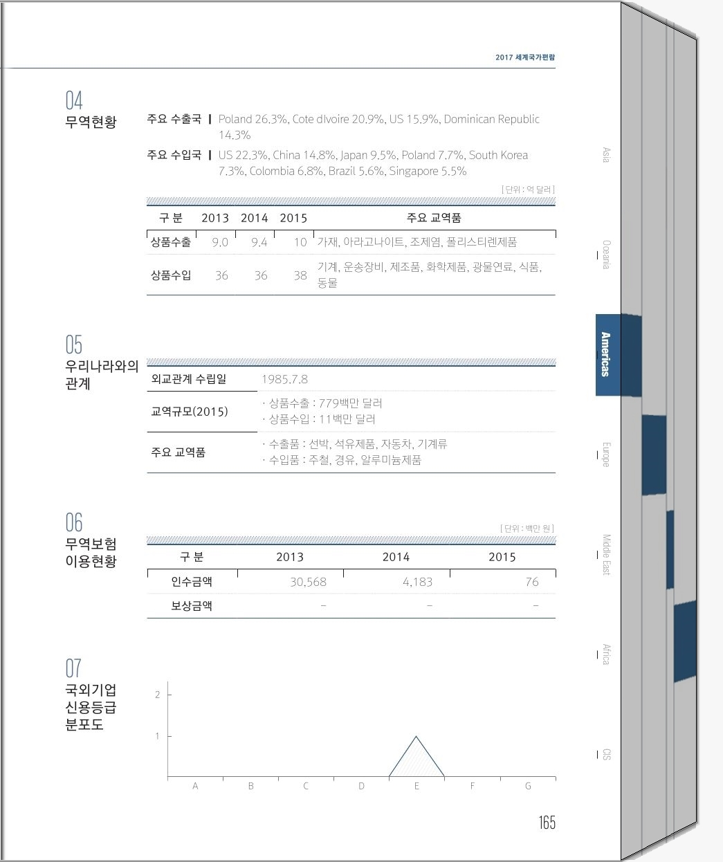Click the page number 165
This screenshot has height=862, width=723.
[547, 823]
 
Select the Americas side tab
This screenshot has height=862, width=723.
[605, 354]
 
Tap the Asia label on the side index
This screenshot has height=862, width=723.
[606, 155]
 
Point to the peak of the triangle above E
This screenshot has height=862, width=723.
[416, 737]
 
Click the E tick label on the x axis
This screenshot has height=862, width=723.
[417, 786]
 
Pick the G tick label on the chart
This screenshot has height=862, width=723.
[528, 786]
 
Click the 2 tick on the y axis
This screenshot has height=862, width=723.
[158, 695]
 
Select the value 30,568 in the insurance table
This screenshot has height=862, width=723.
[308, 582]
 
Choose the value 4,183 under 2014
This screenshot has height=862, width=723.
[417, 582]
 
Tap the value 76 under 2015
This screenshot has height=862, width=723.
[531, 582]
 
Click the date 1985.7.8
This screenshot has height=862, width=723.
[284, 379]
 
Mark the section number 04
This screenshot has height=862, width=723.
[74, 101]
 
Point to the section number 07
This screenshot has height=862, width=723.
[73, 668]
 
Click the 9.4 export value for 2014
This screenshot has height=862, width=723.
[259, 242]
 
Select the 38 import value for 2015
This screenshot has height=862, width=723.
[300, 275]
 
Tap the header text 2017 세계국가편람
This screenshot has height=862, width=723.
[525, 57]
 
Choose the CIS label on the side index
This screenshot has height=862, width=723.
[607, 754]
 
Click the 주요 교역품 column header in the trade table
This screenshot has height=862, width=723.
[434, 218]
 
